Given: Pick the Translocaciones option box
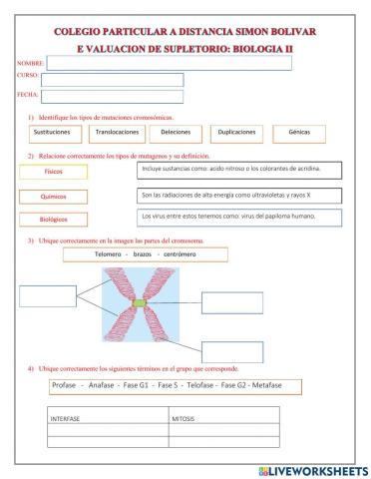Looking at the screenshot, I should pyautogui.click(x=118, y=132).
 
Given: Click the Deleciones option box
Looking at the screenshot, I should pyautogui.click(x=176, y=132).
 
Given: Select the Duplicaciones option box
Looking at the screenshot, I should pyautogui.click(x=237, y=132).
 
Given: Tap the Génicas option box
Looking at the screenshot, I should pyautogui.click(x=298, y=132).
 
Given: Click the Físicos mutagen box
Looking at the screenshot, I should pyautogui.click(x=52, y=172).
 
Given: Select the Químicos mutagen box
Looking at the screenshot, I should pyautogui.click(x=52, y=197).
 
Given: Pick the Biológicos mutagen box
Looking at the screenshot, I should pyautogui.click(x=52, y=220).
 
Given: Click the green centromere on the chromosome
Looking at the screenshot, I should pyautogui.click(x=140, y=301).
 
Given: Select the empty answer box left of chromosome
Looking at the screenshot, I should pyautogui.click(x=47, y=295).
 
